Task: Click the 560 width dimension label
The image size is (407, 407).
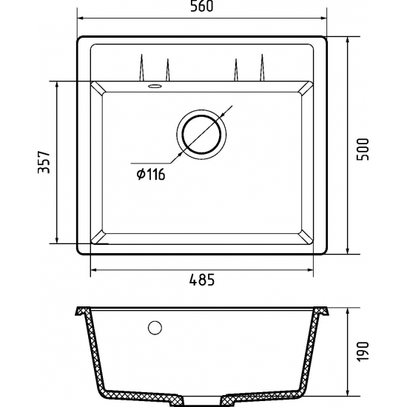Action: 202,6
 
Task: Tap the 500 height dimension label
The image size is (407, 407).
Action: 363,149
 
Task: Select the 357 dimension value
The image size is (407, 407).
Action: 44,162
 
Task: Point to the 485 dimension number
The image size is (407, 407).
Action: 202,280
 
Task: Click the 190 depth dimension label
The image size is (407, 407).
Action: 363,351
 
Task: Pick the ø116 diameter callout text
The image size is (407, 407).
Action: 151,174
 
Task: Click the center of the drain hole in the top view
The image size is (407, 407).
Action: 202,134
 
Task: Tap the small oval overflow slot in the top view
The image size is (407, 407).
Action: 155,86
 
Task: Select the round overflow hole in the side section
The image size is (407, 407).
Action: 155,328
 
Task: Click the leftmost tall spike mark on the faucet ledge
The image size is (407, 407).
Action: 141,67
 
